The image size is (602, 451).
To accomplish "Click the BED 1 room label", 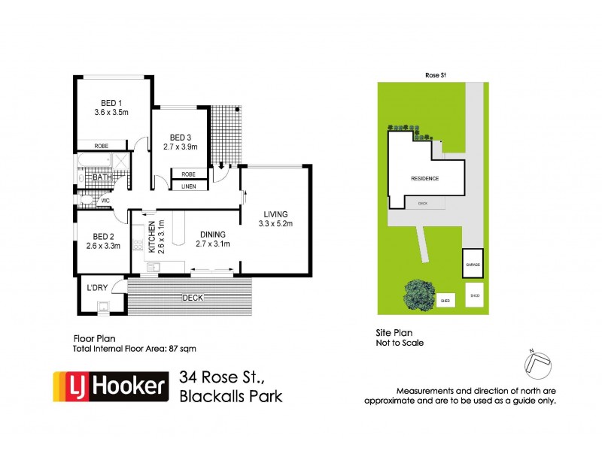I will (x=112, y=104).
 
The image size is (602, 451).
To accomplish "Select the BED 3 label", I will (x=181, y=137).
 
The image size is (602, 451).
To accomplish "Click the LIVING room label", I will (x=275, y=213).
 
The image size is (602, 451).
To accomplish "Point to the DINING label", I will (x=212, y=234).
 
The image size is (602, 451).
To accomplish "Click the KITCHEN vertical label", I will (x=151, y=238).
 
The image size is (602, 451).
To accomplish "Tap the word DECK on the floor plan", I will (x=193, y=298).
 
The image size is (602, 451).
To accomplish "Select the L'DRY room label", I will (x=98, y=289).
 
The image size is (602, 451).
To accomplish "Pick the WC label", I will (x=107, y=201).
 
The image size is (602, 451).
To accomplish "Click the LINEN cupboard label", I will (x=189, y=186).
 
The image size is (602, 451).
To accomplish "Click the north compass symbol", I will (x=537, y=365).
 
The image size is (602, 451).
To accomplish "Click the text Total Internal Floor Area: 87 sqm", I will (x=134, y=348).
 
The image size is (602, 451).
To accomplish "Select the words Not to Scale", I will (x=400, y=343).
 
